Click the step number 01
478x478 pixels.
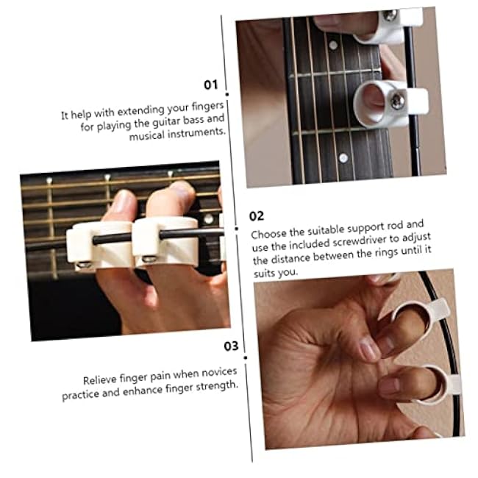click(211, 85)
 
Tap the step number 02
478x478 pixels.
click(257, 215)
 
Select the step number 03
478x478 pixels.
click(231, 346)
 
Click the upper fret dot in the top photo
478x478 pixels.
click(332, 46)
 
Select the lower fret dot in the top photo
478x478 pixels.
click(343, 157)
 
